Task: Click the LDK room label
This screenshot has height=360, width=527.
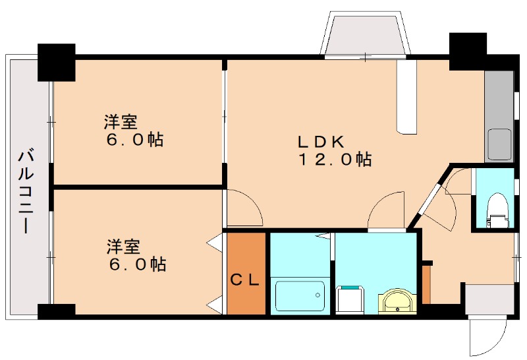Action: click(x=321, y=141)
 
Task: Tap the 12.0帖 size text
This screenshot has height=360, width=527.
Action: click(x=335, y=159)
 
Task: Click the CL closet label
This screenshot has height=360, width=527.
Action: click(x=246, y=280)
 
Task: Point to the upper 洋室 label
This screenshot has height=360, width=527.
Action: click(x=121, y=122)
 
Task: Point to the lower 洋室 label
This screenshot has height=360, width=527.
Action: click(x=124, y=247)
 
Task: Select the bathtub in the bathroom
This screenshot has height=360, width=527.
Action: click(x=300, y=295)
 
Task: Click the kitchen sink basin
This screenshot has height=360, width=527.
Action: click(x=499, y=144)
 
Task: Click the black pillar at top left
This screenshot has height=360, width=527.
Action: click(x=56, y=62)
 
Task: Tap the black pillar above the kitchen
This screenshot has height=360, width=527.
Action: click(x=467, y=51)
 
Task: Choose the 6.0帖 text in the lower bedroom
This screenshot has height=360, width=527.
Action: click(x=138, y=265)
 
